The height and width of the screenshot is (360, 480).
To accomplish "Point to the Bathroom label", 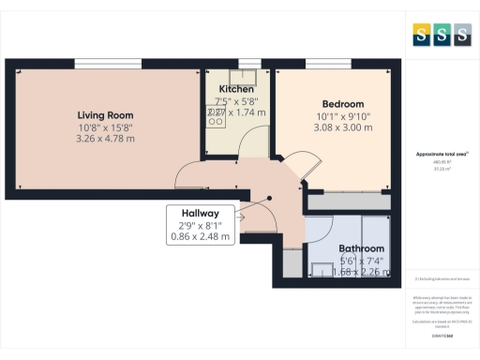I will [361, 248].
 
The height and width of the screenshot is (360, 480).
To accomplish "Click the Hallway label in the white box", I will [201, 213].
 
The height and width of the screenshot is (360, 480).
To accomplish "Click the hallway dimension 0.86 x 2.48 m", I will [205, 237].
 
